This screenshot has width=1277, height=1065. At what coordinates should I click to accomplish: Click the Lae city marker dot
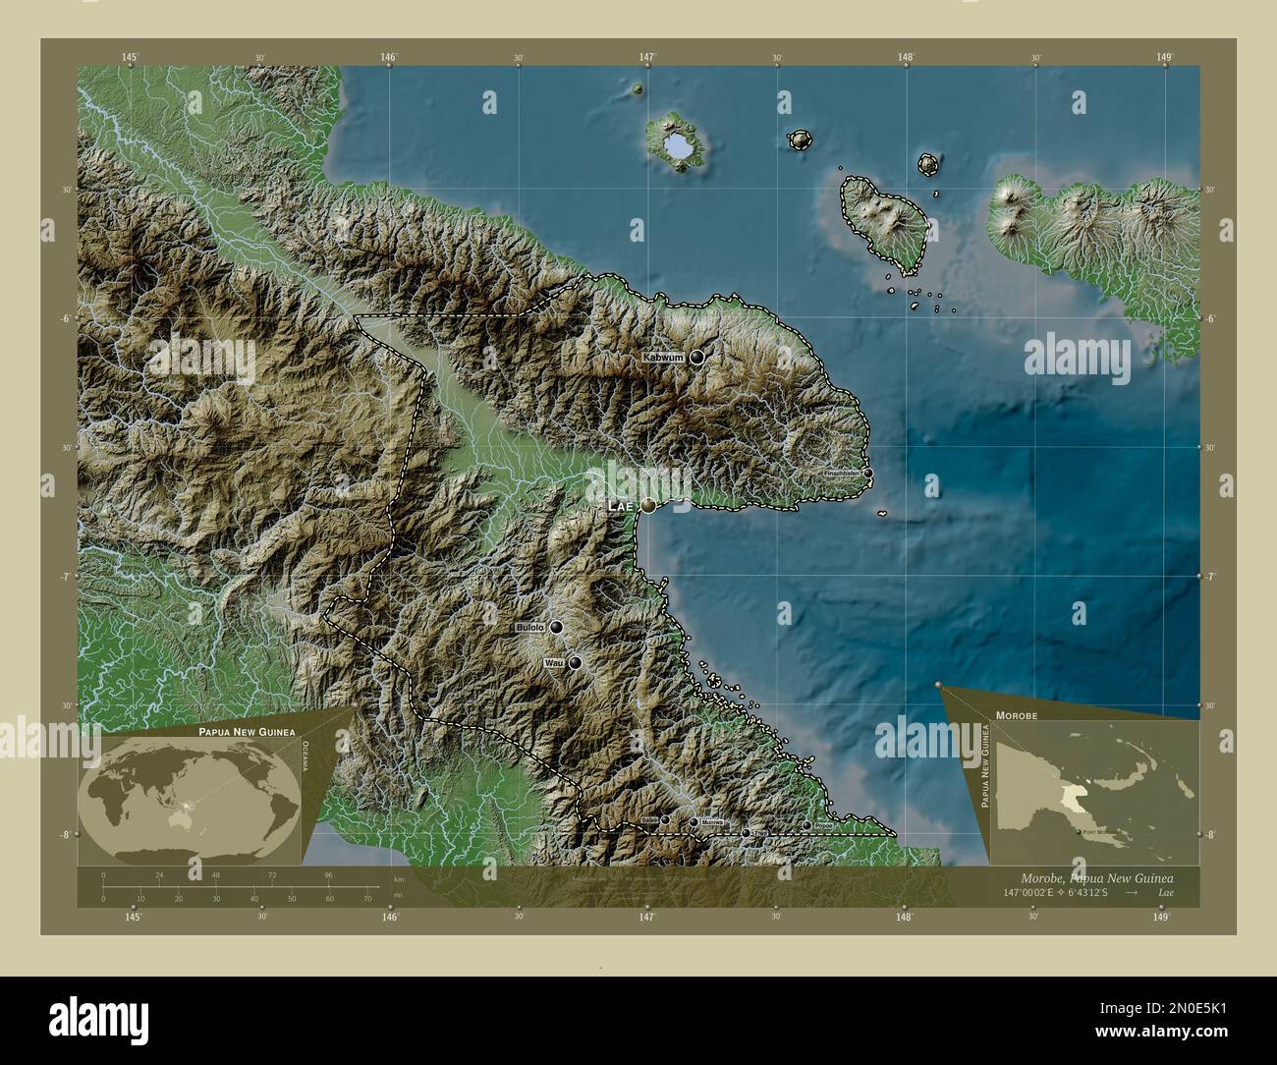(648, 505)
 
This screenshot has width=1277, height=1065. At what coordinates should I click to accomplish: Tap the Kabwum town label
(663, 358)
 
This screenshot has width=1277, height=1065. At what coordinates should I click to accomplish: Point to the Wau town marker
(575, 663)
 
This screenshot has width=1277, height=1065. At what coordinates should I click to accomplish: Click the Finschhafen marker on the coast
(867, 473)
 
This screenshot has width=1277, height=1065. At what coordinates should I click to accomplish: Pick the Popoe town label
(823, 826)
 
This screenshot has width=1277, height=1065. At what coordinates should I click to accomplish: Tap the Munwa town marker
(694, 822)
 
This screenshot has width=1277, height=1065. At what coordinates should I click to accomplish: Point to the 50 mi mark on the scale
(293, 898)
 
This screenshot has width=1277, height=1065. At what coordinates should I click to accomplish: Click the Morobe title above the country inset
(1016, 716)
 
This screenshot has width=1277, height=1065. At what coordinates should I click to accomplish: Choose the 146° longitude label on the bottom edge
(389, 917)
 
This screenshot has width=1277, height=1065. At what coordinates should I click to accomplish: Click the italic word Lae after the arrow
(1164, 892)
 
